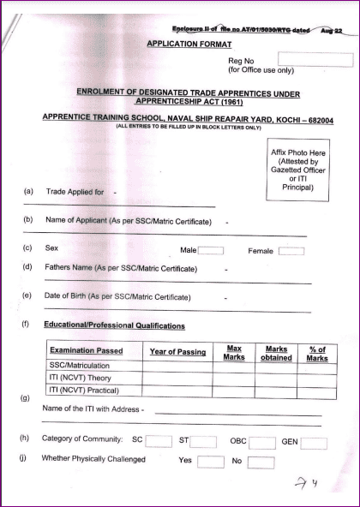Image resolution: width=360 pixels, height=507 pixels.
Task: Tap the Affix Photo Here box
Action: (297, 172)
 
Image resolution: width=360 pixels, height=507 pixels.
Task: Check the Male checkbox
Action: (211, 251)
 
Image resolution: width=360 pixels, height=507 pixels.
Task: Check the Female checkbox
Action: (291, 251)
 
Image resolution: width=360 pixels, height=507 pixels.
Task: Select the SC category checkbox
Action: (159, 442)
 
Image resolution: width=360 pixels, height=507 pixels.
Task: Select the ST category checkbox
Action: (203, 442)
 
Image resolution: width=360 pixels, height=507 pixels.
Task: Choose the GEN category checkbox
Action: (315, 443)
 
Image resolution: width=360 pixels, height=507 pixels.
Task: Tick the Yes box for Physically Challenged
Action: (210, 462)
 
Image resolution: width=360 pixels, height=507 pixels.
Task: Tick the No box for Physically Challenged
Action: (261, 462)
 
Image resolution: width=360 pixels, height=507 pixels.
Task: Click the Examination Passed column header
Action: (87, 351)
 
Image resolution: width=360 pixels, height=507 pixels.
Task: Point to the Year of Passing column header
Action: (177, 351)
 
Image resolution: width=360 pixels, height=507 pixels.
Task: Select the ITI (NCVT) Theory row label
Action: (83, 378)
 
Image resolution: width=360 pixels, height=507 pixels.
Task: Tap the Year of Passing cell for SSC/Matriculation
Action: (177, 365)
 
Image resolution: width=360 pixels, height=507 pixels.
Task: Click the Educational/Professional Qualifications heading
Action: (115, 326)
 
